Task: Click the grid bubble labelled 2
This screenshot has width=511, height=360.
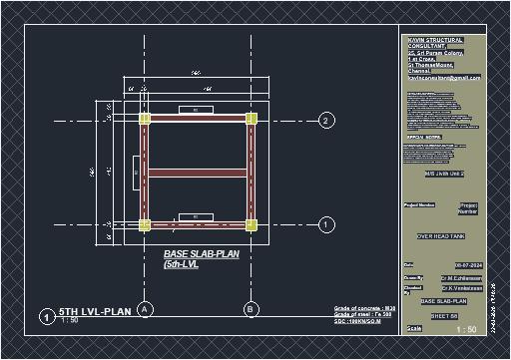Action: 326,121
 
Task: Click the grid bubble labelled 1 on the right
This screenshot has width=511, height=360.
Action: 326,225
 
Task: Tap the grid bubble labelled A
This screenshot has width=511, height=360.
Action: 146,310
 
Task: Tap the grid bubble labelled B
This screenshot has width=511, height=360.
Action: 251,310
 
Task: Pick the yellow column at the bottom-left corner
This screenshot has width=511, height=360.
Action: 146,225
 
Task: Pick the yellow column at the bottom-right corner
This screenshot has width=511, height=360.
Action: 251,225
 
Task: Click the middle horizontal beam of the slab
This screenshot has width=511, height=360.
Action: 198,173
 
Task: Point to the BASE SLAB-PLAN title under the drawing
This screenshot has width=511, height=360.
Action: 199,254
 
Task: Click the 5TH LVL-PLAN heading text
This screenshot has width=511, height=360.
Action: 95,311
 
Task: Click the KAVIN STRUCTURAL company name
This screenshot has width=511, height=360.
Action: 436,40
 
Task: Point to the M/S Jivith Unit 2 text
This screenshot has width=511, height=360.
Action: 430,174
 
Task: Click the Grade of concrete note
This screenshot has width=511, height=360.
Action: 363,309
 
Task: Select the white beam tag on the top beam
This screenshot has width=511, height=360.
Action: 196,108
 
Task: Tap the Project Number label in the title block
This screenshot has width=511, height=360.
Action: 469,207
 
